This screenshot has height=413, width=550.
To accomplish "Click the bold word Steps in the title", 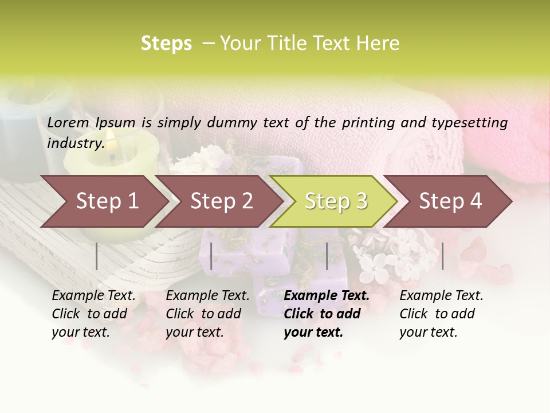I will [166, 44].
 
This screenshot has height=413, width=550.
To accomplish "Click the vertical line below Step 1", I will [97, 256].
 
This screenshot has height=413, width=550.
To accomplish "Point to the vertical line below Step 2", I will [211, 256].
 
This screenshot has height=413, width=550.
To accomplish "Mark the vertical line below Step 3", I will [327, 256].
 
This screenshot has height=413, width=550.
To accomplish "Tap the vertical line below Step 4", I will [442, 256].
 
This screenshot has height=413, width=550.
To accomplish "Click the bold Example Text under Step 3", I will [327, 296].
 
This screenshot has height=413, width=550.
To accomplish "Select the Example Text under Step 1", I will [93, 296].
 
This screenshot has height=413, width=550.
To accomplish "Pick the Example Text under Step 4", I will [441, 296].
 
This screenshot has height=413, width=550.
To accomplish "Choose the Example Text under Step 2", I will [207, 296].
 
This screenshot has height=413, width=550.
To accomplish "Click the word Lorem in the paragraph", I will [68, 122].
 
